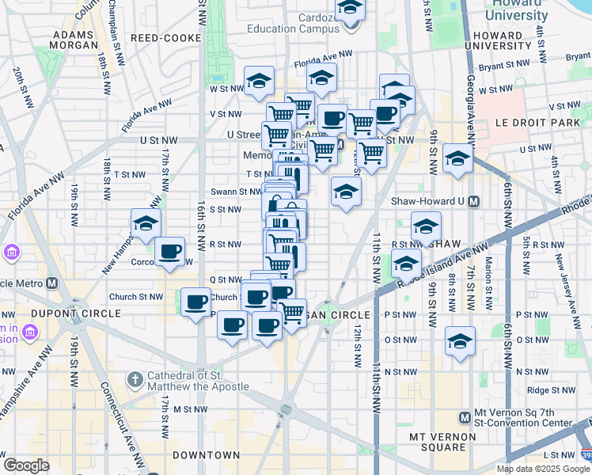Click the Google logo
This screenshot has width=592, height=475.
click(26, 465)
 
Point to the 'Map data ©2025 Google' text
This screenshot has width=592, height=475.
click(542, 469)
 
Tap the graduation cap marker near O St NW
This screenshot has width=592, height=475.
click(460, 341)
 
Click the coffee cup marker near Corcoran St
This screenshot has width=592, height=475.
click(169, 252)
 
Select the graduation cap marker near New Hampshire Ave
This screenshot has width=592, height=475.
click(146, 224)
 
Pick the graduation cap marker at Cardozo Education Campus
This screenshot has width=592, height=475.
click(349, 9)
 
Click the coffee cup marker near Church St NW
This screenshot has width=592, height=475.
click(195, 302)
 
